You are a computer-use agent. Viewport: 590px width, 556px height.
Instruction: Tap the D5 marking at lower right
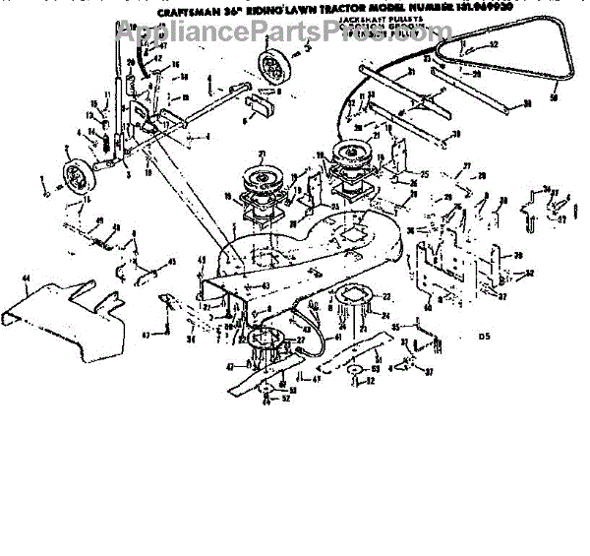point(484,338)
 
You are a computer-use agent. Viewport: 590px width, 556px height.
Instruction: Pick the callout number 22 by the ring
point(386,297)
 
